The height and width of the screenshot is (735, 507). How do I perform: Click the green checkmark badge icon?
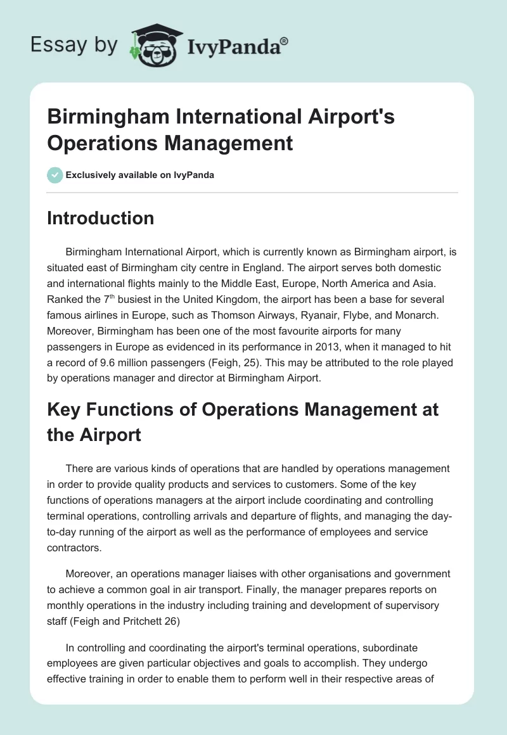point(55,174)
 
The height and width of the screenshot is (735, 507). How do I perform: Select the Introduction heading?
point(101,218)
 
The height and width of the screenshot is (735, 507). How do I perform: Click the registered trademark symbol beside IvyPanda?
point(285,40)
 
